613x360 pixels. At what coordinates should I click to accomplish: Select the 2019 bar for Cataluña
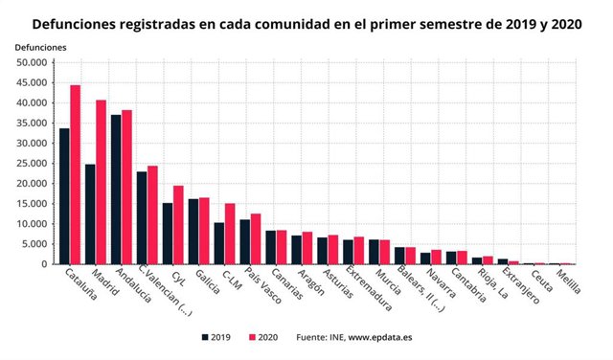tap(64, 196)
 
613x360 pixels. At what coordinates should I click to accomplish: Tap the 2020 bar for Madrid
tap(101, 182)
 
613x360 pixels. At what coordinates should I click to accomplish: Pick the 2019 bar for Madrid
tap(90, 214)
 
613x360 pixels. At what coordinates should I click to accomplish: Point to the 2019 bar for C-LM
tap(219, 243)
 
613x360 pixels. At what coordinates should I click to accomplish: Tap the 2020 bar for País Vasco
tap(256, 238)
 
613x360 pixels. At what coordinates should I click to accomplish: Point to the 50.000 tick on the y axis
tap(32, 62)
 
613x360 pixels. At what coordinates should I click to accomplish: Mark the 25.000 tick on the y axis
tap(32, 164)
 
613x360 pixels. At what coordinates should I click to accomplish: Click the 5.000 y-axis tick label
tap(34, 244)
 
